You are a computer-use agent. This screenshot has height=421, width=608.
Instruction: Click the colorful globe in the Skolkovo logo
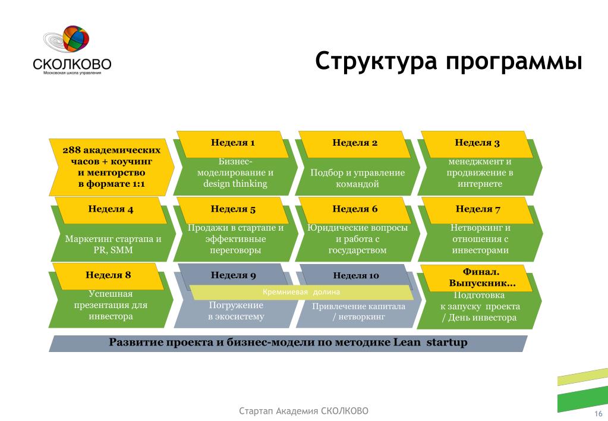76,39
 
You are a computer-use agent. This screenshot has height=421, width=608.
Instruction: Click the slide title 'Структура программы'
449,61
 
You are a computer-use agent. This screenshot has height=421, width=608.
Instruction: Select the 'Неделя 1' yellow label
232,144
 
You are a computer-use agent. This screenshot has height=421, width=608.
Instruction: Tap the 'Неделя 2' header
354,144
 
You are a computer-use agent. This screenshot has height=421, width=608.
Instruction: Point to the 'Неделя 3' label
477,144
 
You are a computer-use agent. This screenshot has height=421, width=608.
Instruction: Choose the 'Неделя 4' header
111,210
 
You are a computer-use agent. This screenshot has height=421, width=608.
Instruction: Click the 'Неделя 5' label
232,210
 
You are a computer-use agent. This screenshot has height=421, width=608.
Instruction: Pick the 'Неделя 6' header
354,210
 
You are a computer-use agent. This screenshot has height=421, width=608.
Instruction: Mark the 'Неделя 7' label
477,210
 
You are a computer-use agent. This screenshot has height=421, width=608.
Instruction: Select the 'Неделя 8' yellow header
108,277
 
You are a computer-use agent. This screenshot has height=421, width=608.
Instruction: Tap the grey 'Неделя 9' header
233,275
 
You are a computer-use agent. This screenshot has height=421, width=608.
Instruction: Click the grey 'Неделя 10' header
355,275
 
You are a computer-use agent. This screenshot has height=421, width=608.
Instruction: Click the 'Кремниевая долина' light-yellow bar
301,292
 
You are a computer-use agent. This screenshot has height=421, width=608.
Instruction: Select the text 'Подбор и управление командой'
357,178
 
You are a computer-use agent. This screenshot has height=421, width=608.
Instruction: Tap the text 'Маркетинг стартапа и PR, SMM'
113,244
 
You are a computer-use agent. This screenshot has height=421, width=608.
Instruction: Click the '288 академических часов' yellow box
111,167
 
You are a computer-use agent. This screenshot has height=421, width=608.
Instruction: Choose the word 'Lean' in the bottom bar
407,343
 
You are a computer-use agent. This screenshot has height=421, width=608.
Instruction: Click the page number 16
598,414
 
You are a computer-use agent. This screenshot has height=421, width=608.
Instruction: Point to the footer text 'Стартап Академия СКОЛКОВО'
304,411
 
